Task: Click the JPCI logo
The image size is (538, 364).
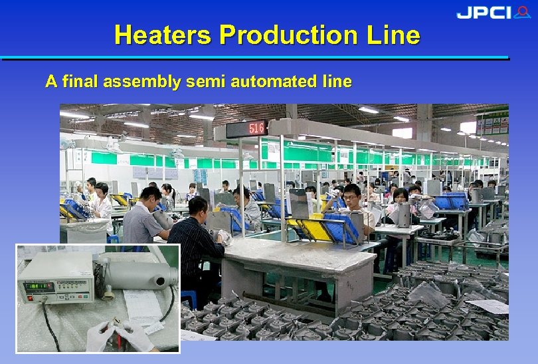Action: click(493, 13)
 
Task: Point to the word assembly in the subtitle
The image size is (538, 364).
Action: click(147, 82)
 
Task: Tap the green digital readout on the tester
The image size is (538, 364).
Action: click(39, 287)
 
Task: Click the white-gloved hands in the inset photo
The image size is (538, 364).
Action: click(120, 335)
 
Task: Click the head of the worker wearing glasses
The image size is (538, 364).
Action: click(352, 194)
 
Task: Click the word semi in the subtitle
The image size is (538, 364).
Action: click(207, 82)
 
